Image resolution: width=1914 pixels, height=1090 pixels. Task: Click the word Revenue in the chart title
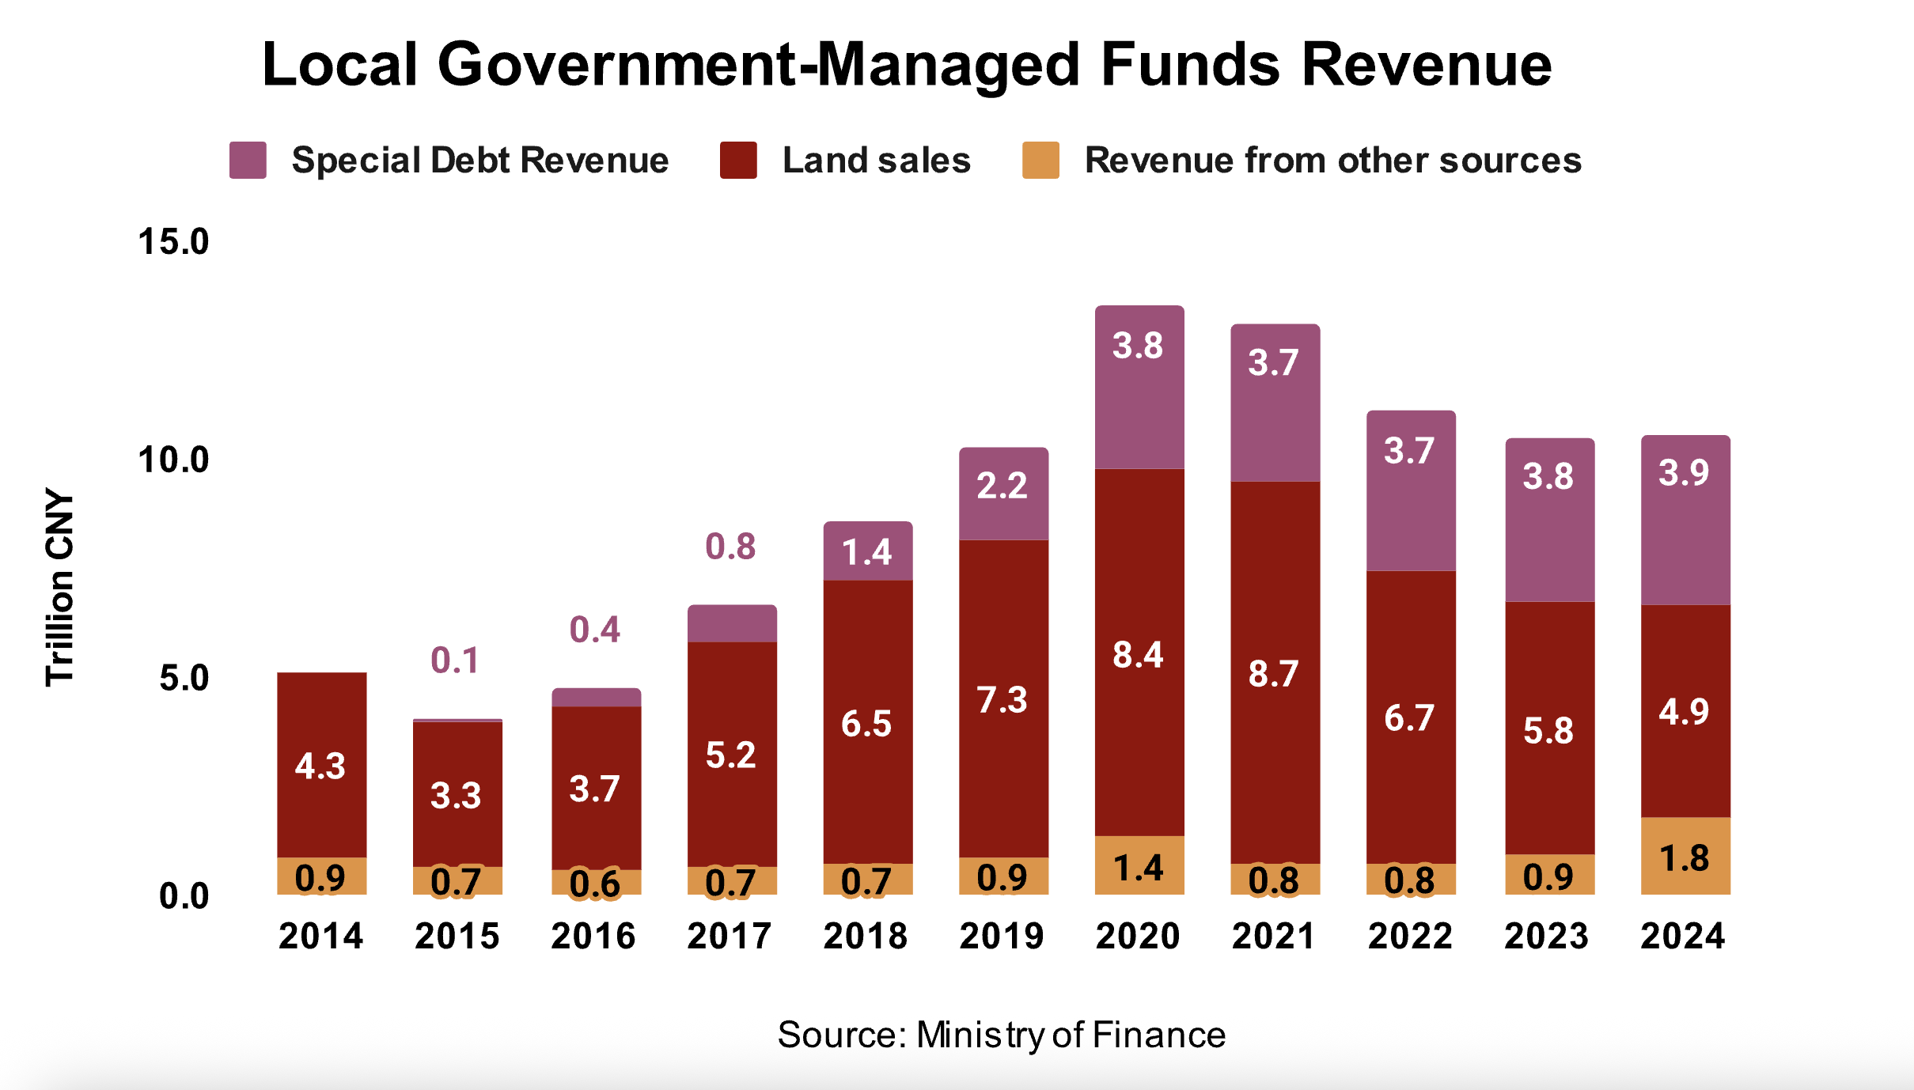tap(1426, 65)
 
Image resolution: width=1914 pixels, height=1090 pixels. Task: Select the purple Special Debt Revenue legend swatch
tap(248, 161)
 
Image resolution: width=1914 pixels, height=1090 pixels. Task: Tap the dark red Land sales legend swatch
tap(738, 161)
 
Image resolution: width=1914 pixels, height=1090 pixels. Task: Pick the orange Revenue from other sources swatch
tap(1040, 161)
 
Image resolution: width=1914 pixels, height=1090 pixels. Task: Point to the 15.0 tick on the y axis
tap(173, 241)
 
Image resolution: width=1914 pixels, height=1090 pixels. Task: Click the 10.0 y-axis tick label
tap(173, 460)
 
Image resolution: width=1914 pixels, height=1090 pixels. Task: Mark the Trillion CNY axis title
tap(59, 588)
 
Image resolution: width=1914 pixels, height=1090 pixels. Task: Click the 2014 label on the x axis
tap(320, 937)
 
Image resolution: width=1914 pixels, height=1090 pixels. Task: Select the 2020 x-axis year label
tap(1138, 937)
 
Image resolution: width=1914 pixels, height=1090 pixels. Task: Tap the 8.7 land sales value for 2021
tap(1273, 674)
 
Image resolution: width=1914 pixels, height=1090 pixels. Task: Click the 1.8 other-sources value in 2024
tap(1685, 859)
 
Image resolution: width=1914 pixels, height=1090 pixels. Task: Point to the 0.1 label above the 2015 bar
tap(455, 660)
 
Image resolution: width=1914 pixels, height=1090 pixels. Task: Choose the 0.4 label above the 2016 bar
tap(595, 630)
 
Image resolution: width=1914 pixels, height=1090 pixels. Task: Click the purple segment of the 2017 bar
tap(732, 623)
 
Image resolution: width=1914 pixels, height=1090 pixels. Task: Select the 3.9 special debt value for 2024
tap(1685, 473)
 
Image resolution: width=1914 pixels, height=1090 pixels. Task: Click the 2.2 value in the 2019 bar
tap(1002, 486)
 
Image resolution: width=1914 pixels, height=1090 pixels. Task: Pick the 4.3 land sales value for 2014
tap(320, 766)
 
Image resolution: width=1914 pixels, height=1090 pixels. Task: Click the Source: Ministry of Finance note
tap(1002, 1035)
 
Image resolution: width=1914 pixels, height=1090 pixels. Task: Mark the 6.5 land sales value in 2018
tap(866, 724)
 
